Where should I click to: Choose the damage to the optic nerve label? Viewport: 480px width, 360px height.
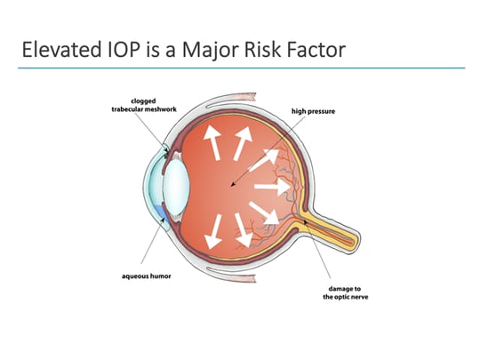point(335,292)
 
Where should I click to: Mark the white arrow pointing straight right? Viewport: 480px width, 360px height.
point(273,188)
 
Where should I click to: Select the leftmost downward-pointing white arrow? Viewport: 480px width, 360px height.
point(214,233)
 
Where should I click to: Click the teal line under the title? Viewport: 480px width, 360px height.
point(240,68)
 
